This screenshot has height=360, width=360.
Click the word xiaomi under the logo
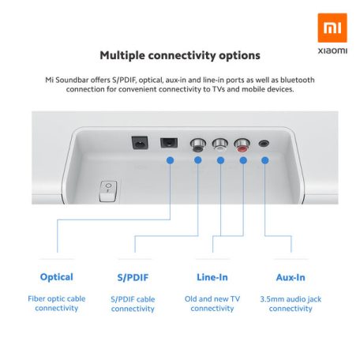tap(331, 49)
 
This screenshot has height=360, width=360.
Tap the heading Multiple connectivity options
tap(180, 56)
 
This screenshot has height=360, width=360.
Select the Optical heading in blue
tap(57, 277)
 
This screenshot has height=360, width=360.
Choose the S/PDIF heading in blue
tap(133, 277)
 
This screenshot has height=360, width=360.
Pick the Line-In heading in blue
tap(212, 277)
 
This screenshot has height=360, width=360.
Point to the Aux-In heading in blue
tap(291, 277)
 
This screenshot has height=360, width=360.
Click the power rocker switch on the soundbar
tap(107, 189)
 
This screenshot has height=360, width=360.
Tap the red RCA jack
tap(243, 144)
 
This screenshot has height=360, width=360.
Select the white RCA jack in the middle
tap(220, 144)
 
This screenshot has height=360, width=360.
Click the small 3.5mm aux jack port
tap(264, 144)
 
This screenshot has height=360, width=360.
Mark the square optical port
tap(168, 144)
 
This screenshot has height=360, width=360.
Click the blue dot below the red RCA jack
tap(243, 161)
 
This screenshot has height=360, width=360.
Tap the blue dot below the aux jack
tap(264, 161)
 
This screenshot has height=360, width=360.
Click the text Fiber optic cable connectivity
tap(57, 303)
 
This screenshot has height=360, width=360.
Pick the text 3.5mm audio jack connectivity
tap(291, 303)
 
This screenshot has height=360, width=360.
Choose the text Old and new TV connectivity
tap(212, 303)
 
